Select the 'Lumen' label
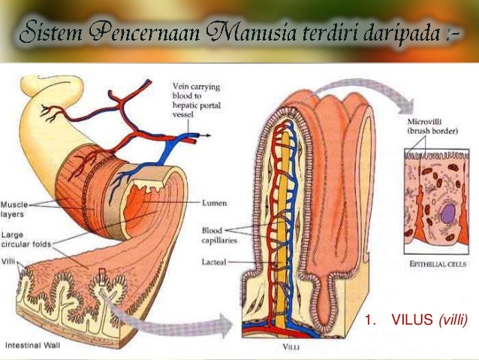[216, 203]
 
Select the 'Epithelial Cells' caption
[438, 264]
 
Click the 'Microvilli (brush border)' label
[429, 126]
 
